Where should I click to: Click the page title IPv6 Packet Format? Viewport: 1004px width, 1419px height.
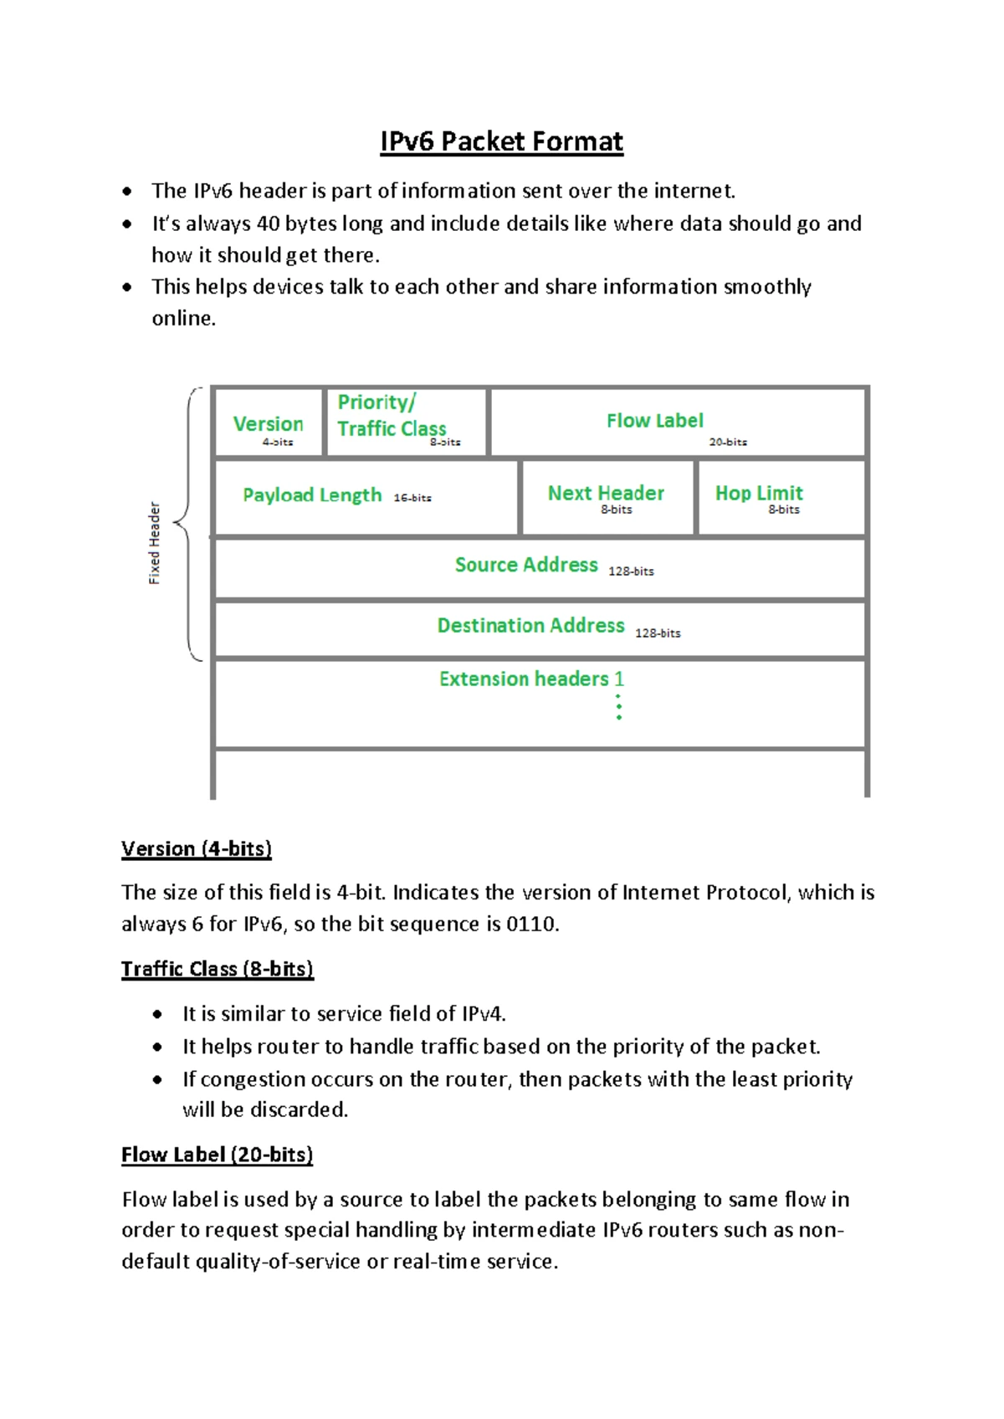point(501,141)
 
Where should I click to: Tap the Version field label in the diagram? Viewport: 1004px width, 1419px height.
point(268,424)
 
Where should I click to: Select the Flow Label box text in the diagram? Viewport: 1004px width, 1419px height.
point(654,421)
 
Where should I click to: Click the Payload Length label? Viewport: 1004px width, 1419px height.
point(312,495)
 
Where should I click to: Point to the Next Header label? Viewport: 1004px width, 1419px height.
point(606,493)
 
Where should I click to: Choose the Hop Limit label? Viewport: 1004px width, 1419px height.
point(759,493)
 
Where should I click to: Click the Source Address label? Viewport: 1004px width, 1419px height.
point(526,565)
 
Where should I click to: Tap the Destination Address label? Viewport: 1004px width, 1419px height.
point(530,626)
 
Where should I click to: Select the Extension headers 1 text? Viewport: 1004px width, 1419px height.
point(531,679)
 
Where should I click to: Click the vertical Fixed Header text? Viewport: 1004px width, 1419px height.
point(154,543)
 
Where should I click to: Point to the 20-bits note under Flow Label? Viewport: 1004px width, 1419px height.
point(728,442)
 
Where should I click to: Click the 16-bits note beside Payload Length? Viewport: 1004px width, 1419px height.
point(412,498)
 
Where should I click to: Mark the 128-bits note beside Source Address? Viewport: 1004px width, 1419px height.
point(631,571)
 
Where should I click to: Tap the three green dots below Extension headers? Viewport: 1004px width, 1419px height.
point(619,707)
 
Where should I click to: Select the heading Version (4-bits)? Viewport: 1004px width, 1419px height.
point(197,848)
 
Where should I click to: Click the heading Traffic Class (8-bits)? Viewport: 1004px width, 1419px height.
point(218,969)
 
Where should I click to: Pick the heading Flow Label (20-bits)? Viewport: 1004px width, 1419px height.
point(218,1155)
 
